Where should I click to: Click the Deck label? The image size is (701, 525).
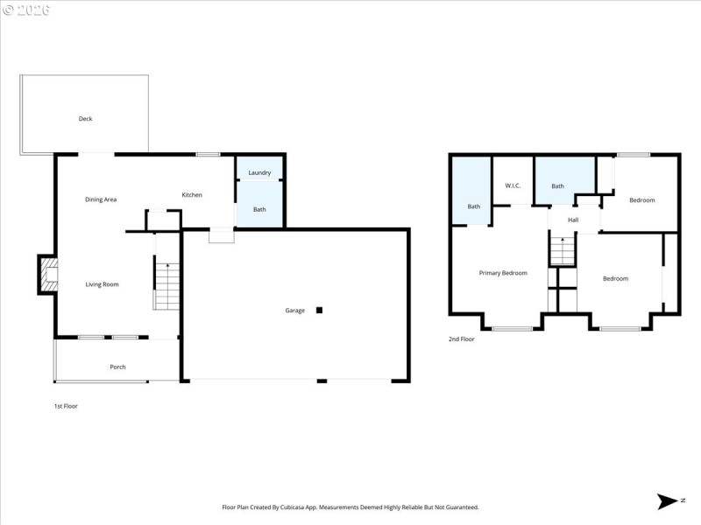(85, 119)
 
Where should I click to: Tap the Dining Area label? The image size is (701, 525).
(101, 199)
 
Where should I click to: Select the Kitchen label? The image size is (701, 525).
(192, 195)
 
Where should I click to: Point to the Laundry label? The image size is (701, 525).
(259, 173)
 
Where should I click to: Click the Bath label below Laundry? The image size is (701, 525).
(259, 210)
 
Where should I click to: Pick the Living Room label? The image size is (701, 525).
(102, 284)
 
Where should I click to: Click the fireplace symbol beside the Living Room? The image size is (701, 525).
(46, 275)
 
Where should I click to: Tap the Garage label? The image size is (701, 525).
(295, 311)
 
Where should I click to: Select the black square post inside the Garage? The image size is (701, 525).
(320, 310)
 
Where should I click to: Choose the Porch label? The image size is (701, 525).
(117, 367)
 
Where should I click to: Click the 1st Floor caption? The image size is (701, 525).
(66, 406)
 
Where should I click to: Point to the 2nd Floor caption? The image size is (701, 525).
(461, 339)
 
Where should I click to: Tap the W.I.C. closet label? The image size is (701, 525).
(513, 185)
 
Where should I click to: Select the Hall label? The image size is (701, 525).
(573, 220)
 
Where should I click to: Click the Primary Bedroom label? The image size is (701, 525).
(503, 273)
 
